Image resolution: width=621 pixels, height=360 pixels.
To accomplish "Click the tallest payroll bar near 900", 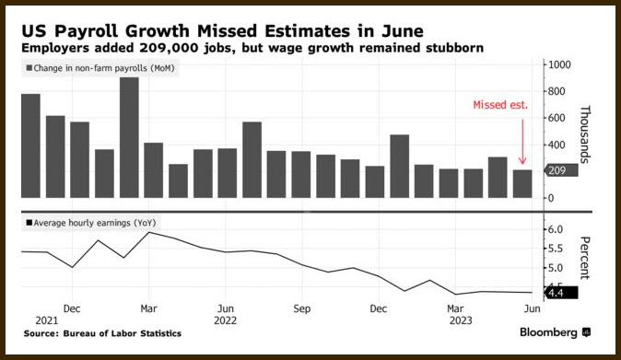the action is (129, 137).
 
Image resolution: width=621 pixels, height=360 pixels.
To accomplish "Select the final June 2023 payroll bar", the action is (522, 183).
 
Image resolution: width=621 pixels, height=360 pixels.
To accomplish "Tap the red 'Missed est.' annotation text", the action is (500, 105).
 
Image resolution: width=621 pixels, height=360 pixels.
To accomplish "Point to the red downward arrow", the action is (522, 142).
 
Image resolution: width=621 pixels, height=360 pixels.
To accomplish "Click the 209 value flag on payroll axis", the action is (561, 170).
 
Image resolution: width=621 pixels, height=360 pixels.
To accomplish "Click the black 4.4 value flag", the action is (561, 293).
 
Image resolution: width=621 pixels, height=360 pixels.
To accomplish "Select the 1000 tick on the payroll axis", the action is (559, 64).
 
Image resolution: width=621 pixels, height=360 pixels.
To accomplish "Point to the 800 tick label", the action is (557, 91).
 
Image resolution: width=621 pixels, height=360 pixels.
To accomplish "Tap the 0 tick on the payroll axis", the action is (551, 198).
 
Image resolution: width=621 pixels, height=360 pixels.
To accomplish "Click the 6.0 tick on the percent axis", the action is (556, 229).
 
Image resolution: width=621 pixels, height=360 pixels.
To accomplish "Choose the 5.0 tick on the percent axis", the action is (556, 268).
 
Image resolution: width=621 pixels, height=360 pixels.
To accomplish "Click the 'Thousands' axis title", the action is (585, 134).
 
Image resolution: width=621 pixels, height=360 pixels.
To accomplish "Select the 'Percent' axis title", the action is (585, 258).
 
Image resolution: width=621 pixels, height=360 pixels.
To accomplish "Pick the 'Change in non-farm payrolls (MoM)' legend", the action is (100, 68).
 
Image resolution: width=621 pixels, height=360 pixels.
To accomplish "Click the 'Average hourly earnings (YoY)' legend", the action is (91, 223).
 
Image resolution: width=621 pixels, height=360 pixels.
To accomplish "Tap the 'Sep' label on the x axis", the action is (302, 308).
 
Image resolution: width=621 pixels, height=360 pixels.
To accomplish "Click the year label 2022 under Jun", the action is (226, 320).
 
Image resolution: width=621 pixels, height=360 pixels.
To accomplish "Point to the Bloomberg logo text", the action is (548, 332).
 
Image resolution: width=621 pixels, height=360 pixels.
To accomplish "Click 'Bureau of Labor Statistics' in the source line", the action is (122, 333).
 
